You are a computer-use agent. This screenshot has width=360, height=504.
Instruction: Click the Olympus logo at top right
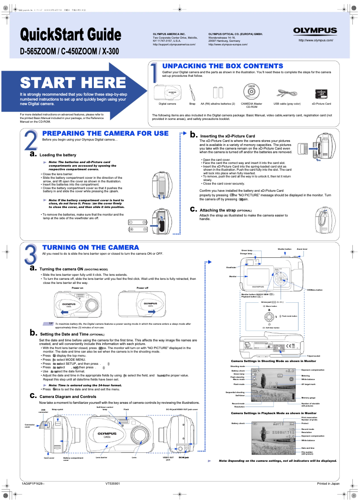coord(315,31)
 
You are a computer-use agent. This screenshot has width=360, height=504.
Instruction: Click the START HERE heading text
coord(73,83)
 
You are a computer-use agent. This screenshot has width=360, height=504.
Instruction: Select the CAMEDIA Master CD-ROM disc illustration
coord(252,92)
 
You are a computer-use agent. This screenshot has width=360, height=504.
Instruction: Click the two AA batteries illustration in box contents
coord(218,92)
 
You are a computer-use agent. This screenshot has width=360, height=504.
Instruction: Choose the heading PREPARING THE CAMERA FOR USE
coord(105,133)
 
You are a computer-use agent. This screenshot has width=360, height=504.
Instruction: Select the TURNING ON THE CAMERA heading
coord(90,248)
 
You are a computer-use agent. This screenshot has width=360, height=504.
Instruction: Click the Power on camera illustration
coord(78,305)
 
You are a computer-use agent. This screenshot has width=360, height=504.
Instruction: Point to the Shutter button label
coord(285,249)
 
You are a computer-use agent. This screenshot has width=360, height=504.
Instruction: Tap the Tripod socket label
coord(313,356)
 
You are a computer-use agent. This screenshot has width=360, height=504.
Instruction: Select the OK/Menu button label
coord(315,290)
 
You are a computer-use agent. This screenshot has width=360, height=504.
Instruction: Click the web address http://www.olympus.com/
coord(316,40)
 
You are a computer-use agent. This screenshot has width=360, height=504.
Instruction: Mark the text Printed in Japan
coord(328,483)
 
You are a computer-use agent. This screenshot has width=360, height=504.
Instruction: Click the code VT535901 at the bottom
coord(113,483)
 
